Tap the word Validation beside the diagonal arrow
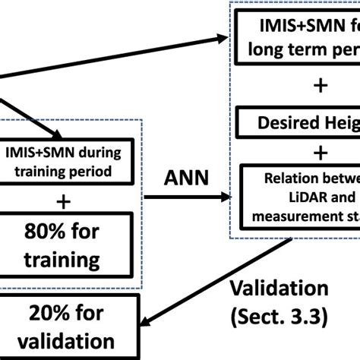pyautogui.click(x=279, y=290)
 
